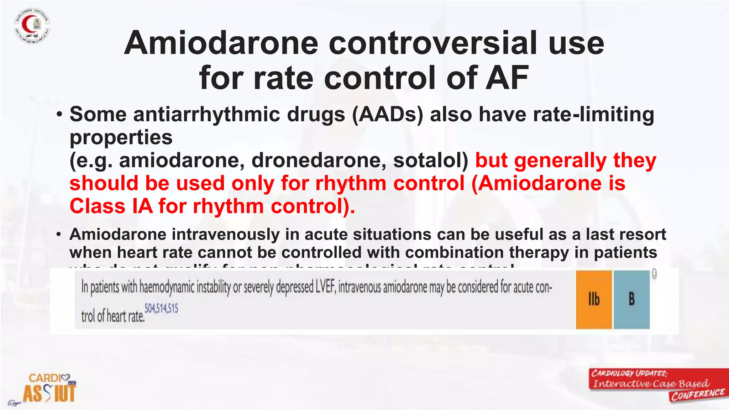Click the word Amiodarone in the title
pyautogui.click(x=221, y=43)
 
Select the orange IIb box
pyautogui.click(x=594, y=299)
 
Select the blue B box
pyautogui.click(x=631, y=299)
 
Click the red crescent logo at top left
pyautogui.click(x=32, y=26)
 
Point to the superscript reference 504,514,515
pyautogui.click(x=161, y=308)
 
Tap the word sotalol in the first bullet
pyautogui.click(x=430, y=160)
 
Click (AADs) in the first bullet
pyautogui.click(x=388, y=115)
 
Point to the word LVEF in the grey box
pyautogui.click(x=325, y=287)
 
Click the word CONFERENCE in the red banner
pyautogui.click(x=698, y=394)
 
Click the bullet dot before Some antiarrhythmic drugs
pyautogui.click(x=59, y=115)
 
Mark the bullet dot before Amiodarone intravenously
pyautogui.click(x=59, y=235)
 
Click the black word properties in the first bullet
pyautogui.click(x=121, y=138)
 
